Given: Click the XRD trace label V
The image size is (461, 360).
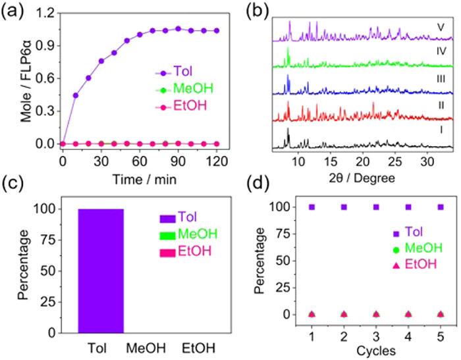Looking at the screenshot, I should click(x=440, y=27).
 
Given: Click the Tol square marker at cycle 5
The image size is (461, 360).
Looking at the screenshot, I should click(x=441, y=207).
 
